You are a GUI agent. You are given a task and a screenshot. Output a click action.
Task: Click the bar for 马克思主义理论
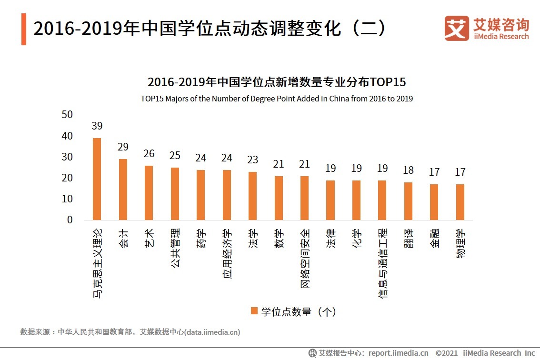click(97, 179)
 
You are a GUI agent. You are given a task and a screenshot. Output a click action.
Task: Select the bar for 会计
click(123, 190)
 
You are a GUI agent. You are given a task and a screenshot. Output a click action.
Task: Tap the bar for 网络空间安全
click(304, 198)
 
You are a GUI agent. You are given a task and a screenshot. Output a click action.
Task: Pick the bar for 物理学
click(460, 202)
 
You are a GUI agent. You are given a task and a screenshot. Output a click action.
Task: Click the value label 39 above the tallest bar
click(97, 126)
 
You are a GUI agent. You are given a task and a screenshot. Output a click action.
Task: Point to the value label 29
click(123, 147)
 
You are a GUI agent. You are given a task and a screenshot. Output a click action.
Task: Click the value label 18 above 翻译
click(408, 170)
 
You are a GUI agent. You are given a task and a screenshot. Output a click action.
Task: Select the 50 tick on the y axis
click(67, 115)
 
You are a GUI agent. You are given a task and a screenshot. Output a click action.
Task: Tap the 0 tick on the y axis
click(70, 220)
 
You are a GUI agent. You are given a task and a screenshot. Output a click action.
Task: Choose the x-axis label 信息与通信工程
click(382, 262)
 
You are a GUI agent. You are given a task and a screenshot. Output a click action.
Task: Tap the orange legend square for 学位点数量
click(254, 311)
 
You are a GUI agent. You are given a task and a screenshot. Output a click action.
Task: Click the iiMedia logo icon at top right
click(456, 28)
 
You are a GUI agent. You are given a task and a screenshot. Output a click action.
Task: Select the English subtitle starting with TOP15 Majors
click(277, 99)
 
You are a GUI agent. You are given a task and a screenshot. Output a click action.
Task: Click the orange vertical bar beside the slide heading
click(24, 30)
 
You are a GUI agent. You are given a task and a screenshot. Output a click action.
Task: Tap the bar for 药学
click(200, 195)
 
